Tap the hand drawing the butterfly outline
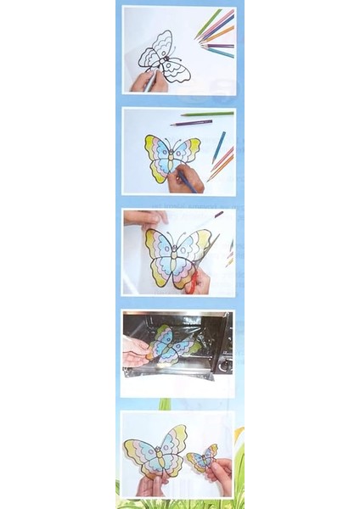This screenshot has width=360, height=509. pyautogui.click(x=144, y=81)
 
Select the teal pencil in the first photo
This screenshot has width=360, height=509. pyautogui.click(x=219, y=52)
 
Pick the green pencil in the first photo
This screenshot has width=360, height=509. pyautogui.click(x=208, y=24)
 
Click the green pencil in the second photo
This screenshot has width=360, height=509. pyautogui.click(x=207, y=114)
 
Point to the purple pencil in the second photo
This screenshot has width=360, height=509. pyautogui.click(x=191, y=123)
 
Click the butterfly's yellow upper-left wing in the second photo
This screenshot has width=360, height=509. pyautogui.click(x=155, y=146)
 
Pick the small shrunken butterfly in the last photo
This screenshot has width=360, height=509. pyautogui.click(x=201, y=459)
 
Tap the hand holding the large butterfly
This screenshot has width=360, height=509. pyautogui.click(x=151, y=484)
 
